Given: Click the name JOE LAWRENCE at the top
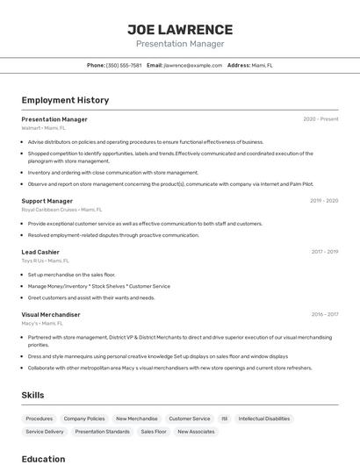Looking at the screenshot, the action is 180,29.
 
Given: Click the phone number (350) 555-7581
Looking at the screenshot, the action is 124,65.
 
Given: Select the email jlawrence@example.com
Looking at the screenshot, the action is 192,65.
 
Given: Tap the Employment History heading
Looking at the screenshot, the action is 65,100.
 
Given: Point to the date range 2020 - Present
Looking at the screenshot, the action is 320,119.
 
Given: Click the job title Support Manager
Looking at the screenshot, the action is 47,201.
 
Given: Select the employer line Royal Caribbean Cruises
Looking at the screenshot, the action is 61,210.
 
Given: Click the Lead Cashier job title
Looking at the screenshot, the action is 40,252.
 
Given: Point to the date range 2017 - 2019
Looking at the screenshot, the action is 324,252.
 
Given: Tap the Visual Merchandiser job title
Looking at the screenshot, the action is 51,314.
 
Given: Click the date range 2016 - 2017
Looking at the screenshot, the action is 324,314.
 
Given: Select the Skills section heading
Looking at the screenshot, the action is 32,395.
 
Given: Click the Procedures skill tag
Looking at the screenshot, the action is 40,418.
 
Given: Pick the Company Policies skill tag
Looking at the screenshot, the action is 84,418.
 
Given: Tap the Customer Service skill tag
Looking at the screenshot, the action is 190,418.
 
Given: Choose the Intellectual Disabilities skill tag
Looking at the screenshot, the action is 264,418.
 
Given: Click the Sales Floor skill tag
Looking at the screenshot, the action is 154,432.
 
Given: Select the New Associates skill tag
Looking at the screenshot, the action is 196,432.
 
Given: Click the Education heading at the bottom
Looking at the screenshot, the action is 43,459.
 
